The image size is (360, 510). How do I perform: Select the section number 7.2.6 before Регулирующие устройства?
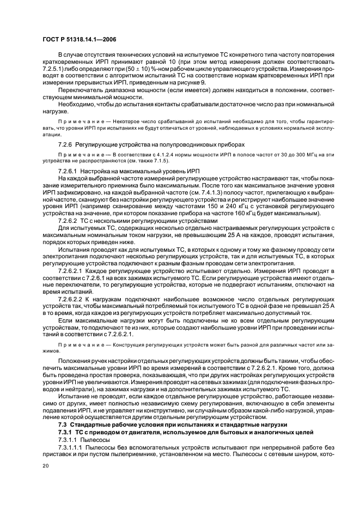[65, 144]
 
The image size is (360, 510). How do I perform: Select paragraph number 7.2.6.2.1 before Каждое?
[73, 270]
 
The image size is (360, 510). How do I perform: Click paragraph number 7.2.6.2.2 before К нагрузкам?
[73, 300]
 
